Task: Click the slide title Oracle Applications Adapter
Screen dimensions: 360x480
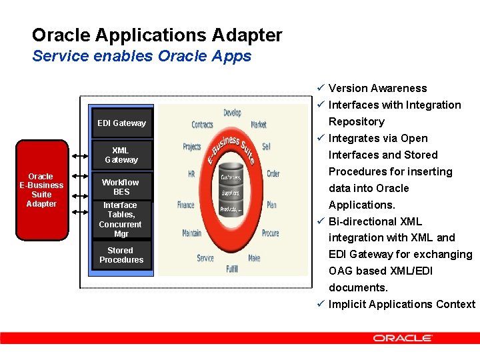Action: tap(157, 35)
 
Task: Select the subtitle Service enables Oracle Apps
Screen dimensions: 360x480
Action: tap(141, 56)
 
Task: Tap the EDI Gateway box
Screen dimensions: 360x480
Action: tap(121, 123)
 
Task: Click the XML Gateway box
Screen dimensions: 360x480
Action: tap(121, 155)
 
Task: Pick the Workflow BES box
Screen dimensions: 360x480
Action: tap(121, 187)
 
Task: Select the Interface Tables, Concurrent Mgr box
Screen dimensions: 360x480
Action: tap(121, 219)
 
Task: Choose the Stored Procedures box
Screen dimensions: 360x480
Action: tap(121, 255)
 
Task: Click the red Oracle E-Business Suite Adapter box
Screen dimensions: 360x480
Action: tap(41, 190)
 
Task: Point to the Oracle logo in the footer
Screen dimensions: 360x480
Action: tap(403, 338)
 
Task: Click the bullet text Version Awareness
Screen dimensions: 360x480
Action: tap(377, 88)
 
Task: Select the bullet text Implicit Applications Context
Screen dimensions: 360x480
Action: tap(401, 304)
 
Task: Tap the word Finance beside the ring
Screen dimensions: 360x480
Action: tap(186, 205)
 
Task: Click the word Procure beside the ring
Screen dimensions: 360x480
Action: tap(271, 233)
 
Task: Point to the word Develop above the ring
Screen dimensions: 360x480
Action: tap(232, 113)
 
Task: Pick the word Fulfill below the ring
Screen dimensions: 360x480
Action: tap(231, 269)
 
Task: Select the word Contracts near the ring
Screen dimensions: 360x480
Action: tap(203, 125)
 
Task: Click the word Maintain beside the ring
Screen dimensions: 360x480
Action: tap(191, 233)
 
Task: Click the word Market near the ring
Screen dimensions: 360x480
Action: tap(259, 125)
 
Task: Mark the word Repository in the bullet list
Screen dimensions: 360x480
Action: tap(356, 121)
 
